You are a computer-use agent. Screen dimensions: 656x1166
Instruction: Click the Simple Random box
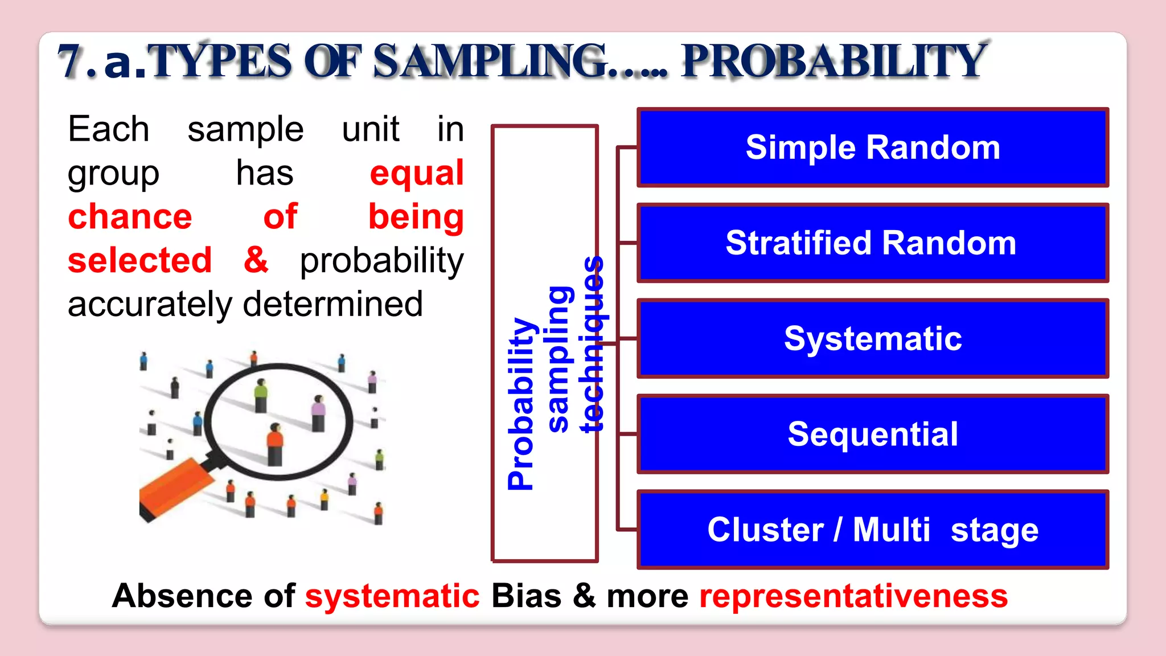(873, 147)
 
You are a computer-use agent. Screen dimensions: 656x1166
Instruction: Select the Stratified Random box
(873, 243)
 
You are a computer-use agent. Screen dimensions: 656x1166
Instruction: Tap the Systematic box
(873, 339)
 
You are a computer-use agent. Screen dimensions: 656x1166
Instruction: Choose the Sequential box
(873, 434)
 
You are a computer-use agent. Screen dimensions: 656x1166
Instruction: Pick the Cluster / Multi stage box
(873, 530)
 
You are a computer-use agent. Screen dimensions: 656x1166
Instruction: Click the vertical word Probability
(522, 403)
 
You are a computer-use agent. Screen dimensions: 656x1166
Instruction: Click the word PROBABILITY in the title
(834, 61)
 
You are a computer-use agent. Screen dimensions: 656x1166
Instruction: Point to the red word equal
(417, 173)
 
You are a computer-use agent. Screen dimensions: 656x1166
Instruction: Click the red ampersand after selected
(256, 260)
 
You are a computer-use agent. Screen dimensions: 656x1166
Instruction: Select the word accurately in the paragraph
(149, 304)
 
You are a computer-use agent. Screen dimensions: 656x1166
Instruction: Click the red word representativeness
(853, 596)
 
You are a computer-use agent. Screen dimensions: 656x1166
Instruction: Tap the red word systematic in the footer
(392, 596)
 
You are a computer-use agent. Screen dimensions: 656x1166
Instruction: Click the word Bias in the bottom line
(525, 596)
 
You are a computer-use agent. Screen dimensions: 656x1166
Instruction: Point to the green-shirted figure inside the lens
(261, 395)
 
